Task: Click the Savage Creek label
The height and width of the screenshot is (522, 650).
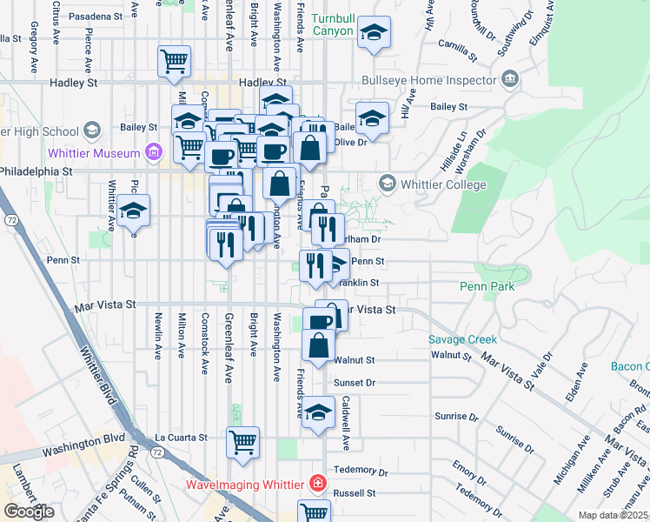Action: coord(462,339)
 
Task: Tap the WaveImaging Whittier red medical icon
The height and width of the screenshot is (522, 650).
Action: coord(319,483)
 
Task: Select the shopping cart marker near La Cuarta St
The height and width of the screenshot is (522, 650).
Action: coord(242,440)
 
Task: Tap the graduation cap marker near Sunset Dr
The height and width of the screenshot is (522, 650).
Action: coord(318,412)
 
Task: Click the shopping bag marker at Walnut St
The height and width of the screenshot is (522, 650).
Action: coord(319,345)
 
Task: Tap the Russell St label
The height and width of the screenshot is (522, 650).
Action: coord(357,492)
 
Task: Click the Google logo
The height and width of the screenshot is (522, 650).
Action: coord(29,512)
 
